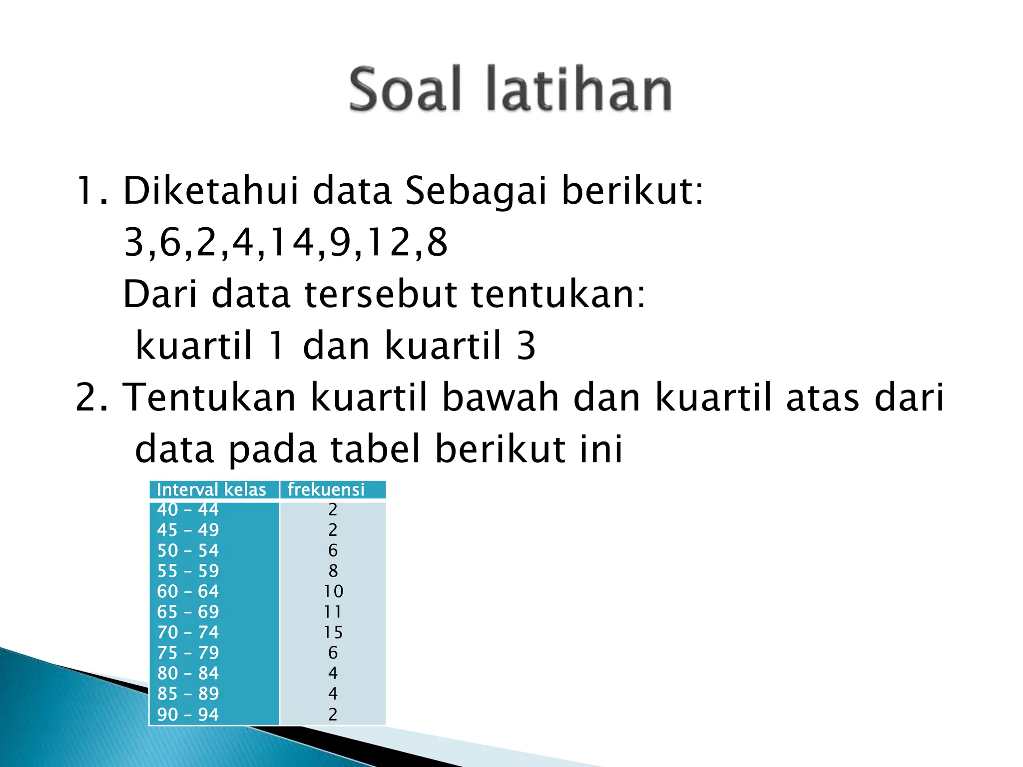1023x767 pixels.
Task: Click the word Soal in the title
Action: pyautogui.click(x=405, y=90)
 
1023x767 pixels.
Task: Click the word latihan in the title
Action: pyautogui.click(x=579, y=90)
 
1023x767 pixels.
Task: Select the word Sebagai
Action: pyautogui.click(x=476, y=192)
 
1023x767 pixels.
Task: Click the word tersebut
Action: pyautogui.click(x=381, y=294)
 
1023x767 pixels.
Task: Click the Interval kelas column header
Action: pyautogui.click(x=211, y=489)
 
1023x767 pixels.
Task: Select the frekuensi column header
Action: pyautogui.click(x=326, y=489)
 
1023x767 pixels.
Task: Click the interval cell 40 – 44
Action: pyautogui.click(x=188, y=509)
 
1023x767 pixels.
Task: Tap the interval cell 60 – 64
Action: pyautogui.click(x=188, y=591)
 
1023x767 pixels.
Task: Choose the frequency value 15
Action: pyautogui.click(x=333, y=632)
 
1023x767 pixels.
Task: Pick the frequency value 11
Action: pyautogui.click(x=333, y=612)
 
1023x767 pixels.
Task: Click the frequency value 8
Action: pyautogui.click(x=333, y=571)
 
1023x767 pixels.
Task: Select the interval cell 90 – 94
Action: pyautogui.click(x=188, y=714)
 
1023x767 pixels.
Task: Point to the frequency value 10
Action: pyautogui.click(x=333, y=591)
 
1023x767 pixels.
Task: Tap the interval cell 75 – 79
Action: pyautogui.click(x=188, y=653)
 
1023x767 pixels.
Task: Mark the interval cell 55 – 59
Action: pyautogui.click(x=188, y=571)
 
